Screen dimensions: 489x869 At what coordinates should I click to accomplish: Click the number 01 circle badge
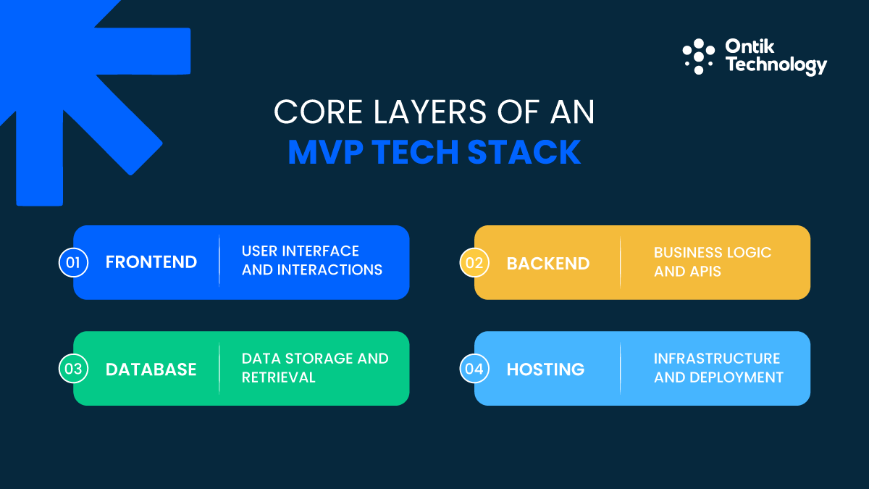tap(73, 262)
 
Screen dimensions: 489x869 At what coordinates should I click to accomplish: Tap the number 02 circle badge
tap(474, 262)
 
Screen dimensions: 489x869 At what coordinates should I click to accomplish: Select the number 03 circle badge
tap(73, 369)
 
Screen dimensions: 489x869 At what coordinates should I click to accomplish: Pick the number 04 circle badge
tap(474, 369)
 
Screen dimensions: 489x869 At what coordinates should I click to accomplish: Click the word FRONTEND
tap(151, 262)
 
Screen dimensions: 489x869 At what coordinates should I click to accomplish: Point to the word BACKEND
tap(548, 262)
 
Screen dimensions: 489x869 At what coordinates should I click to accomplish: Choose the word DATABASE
tap(151, 369)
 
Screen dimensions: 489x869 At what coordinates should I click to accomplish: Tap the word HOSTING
tap(545, 369)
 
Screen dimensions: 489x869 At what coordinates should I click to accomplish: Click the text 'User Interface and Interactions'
tap(311, 261)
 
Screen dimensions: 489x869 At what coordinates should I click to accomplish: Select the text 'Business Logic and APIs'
tap(713, 262)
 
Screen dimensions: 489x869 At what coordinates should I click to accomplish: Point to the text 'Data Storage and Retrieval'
tap(315, 368)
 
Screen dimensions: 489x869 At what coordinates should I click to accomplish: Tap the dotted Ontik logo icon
tap(698, 57)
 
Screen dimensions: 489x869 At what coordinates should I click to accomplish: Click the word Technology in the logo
tap(776, 66)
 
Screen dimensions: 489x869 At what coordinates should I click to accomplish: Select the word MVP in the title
tap(325, 152)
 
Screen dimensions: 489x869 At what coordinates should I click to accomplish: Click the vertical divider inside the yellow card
tap(621, 262)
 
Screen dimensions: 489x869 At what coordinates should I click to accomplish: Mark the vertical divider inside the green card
tap(219, 369)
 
